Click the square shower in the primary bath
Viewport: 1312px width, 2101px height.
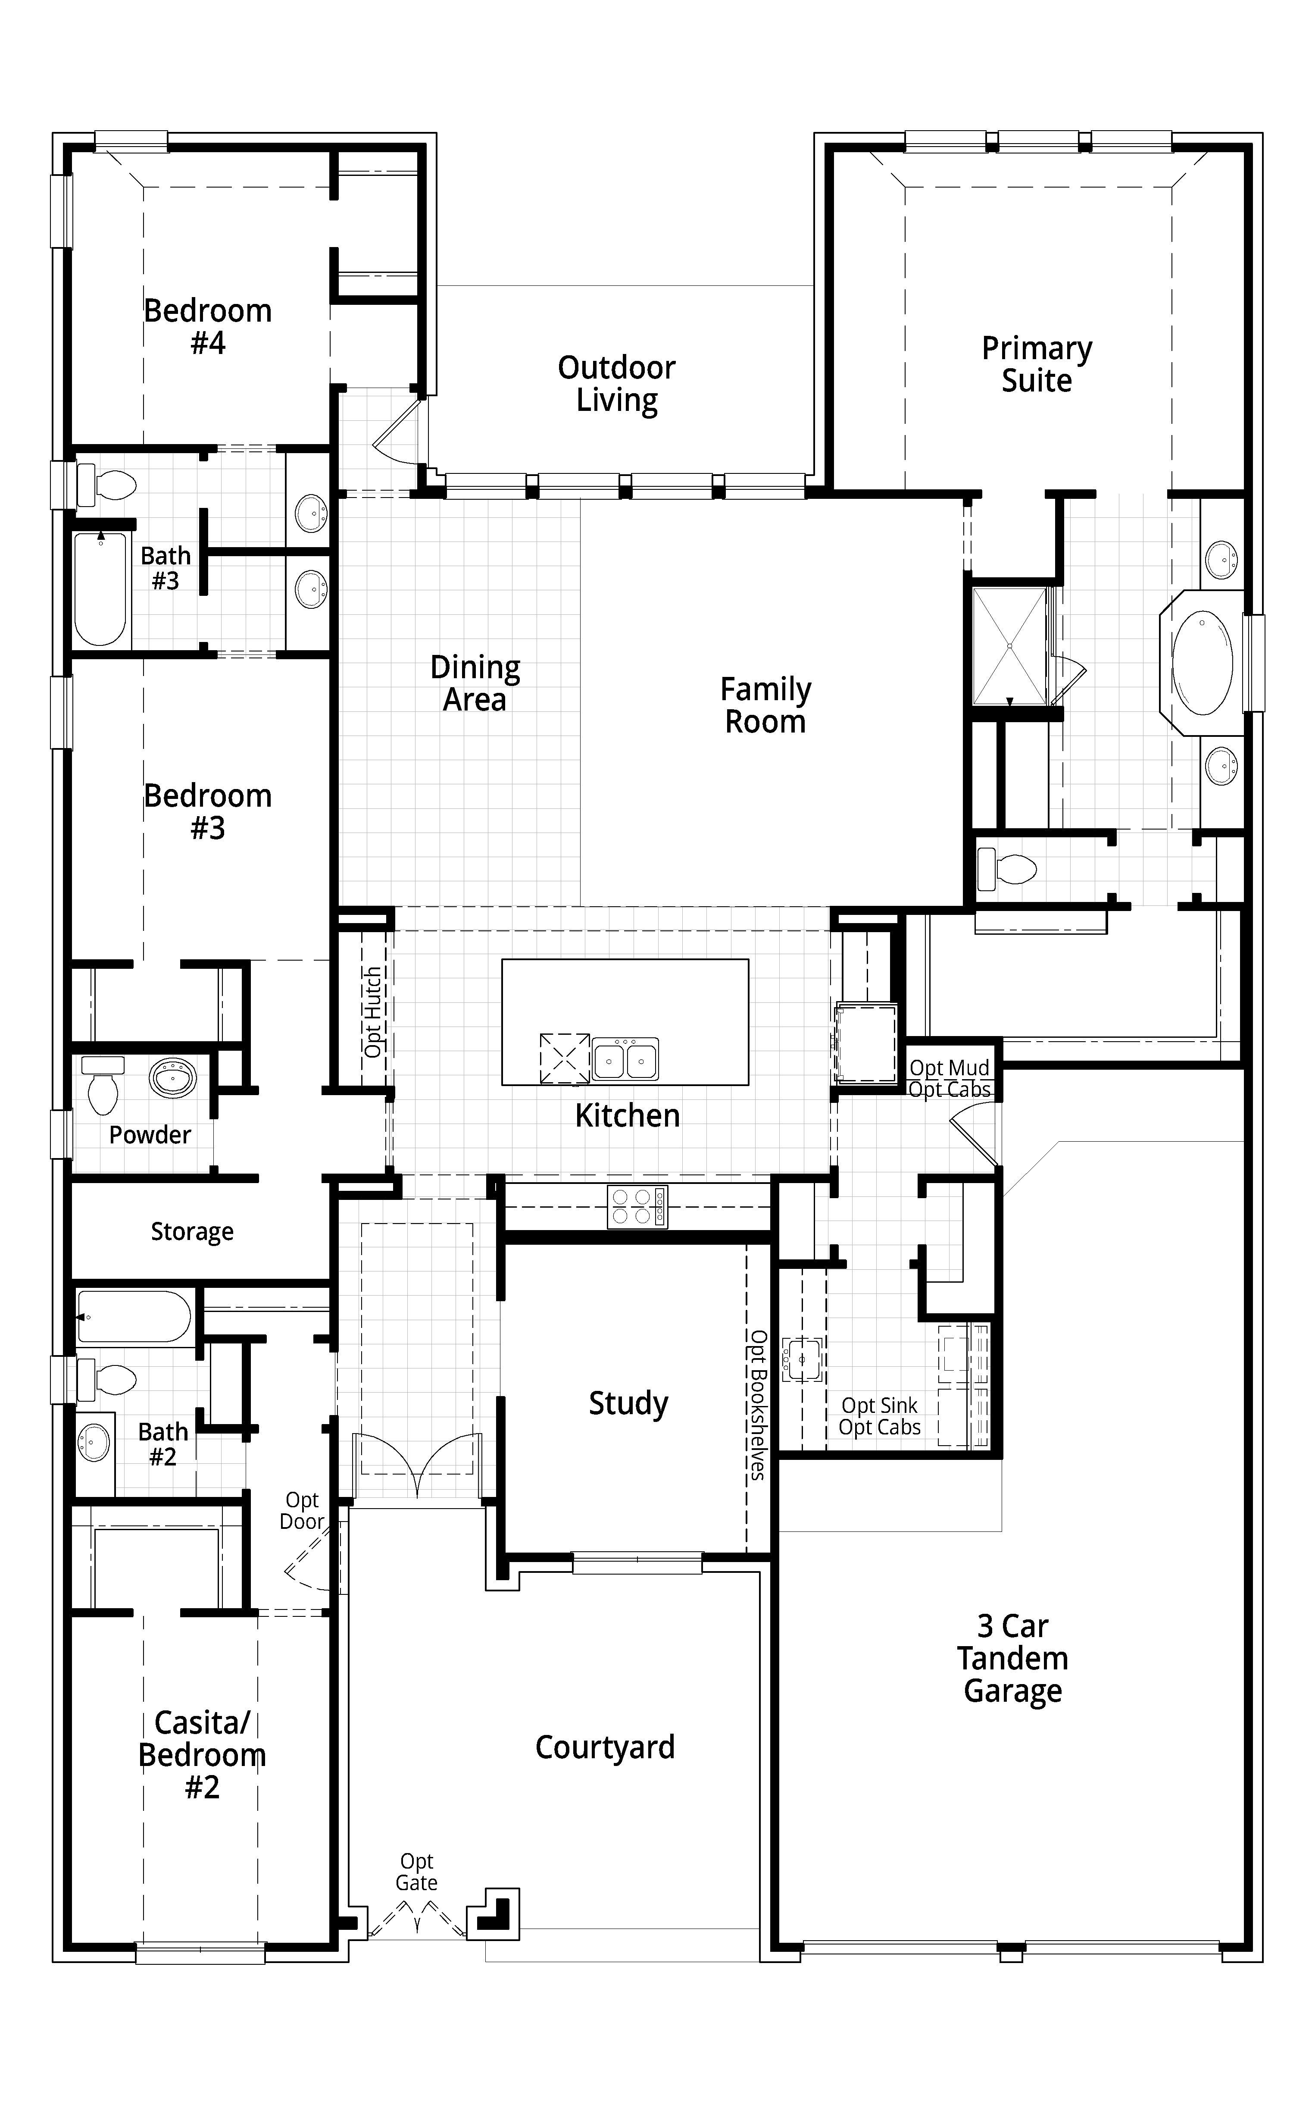(1009, 646)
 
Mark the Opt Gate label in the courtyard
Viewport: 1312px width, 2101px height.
(416, 1872)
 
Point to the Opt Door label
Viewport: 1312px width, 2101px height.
(302, 1510)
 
